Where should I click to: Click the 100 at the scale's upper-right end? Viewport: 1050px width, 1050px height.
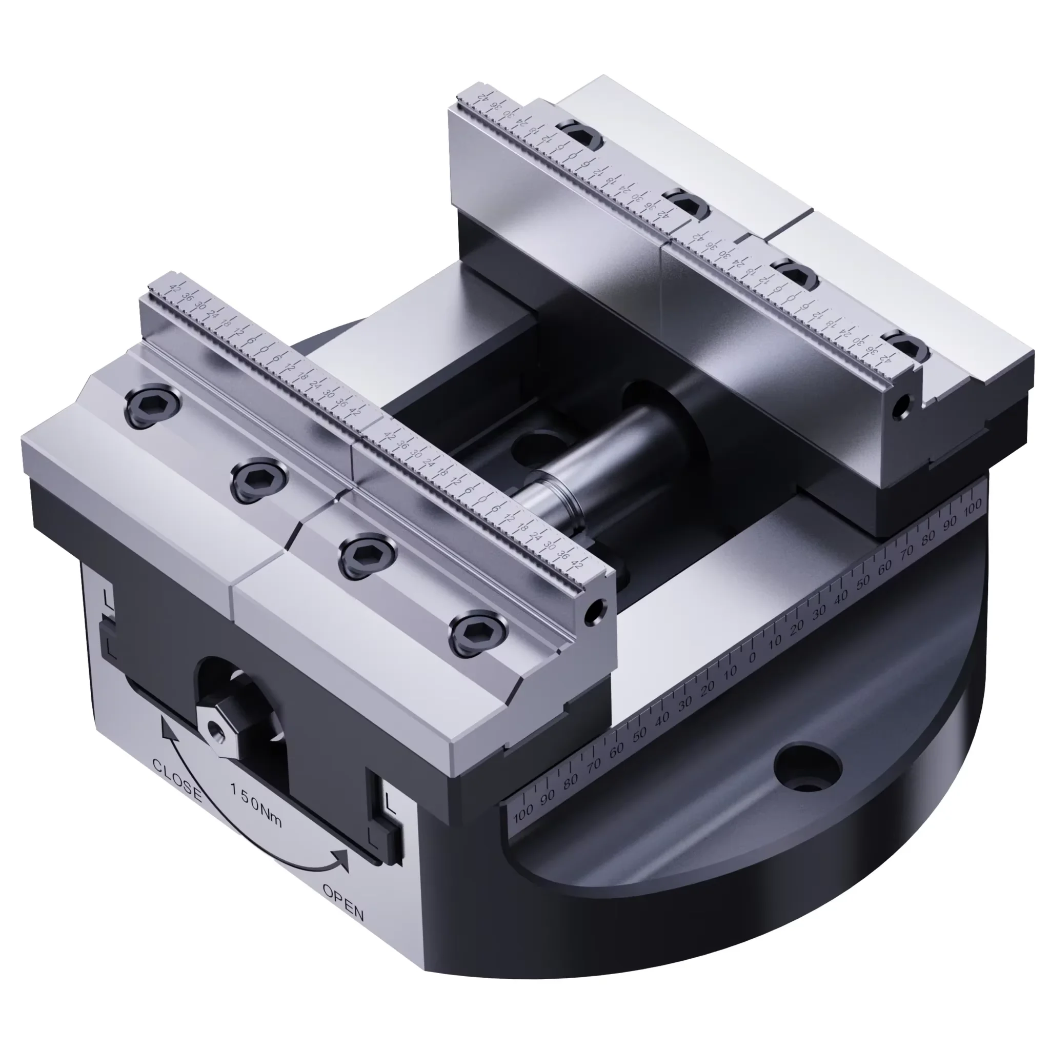(972, 506)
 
